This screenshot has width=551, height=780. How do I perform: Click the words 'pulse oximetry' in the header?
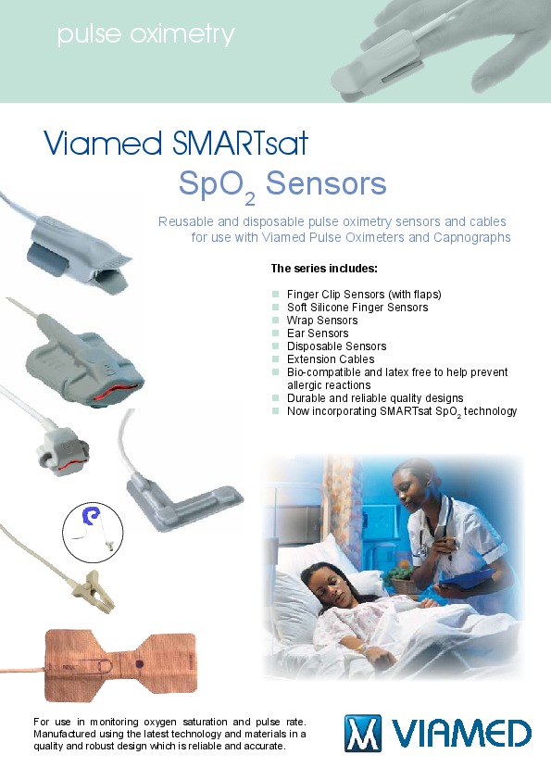click(145, 35)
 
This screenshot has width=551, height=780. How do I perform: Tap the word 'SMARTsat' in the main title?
click(240, 144)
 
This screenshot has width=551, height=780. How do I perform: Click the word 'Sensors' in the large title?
click(326, 183)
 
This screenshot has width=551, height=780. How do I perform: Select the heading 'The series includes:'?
click(324, 269)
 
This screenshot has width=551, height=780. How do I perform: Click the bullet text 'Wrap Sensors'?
click(322, 321)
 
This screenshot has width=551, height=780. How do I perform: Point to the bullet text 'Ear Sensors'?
click(318, 333)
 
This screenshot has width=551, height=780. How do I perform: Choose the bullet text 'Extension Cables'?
click(331, 359)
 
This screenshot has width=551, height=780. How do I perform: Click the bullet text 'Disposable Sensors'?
click(337, 346)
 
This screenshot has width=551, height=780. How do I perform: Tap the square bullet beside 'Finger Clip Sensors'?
click(276, 295)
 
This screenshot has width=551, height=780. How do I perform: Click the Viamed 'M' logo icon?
click(362, 733)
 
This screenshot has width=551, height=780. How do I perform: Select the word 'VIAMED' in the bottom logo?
click(461, 734)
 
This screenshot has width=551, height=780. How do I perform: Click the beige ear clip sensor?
click(93, 591)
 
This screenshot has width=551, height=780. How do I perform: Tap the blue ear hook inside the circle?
click(92, 516)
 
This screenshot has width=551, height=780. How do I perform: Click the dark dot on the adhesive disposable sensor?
click(139, 664)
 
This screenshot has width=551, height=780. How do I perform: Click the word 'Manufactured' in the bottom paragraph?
click(61, 734)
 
